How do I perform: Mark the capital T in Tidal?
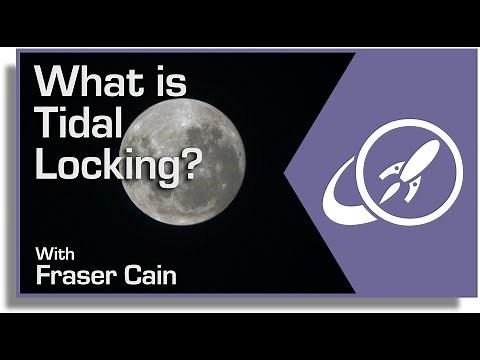coord(45,123)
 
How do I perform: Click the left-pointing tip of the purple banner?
coord(288,178)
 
